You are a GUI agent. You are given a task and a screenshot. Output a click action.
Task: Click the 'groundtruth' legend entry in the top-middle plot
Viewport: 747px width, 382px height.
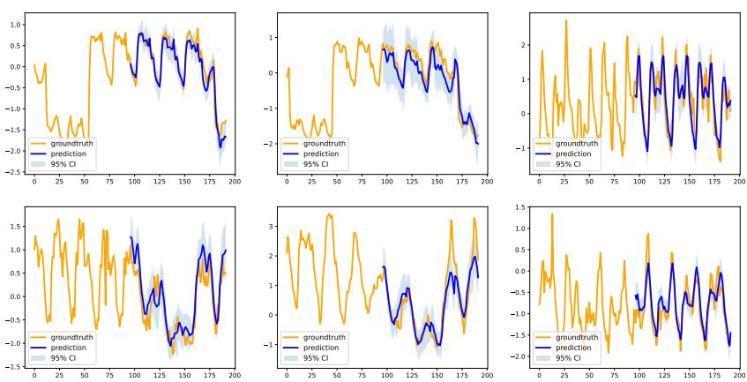[x=324, y=143]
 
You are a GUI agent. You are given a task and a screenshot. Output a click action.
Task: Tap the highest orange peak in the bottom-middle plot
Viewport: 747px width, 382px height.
[x=329, y=213]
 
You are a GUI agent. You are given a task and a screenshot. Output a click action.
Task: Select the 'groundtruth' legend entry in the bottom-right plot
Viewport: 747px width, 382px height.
[x=576, y=338]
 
